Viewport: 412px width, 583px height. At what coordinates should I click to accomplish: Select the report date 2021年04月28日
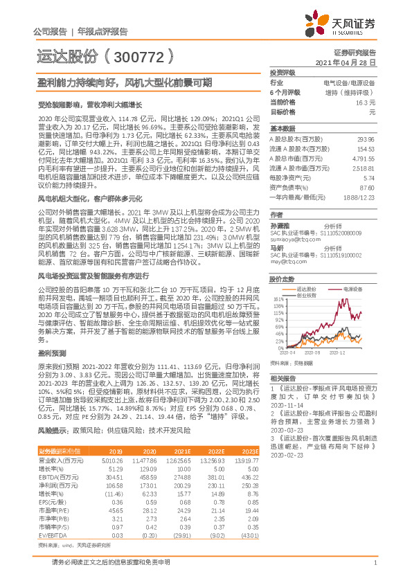(344, 62)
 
